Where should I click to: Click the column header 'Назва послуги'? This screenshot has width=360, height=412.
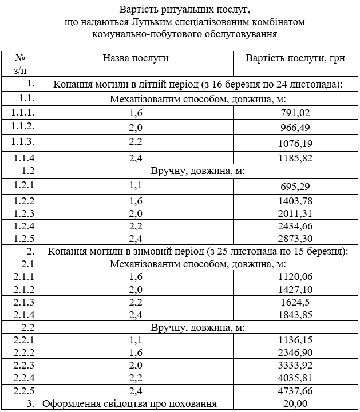(x=136, y=58)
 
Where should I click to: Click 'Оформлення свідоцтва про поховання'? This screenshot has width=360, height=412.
(x=130, y=404)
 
